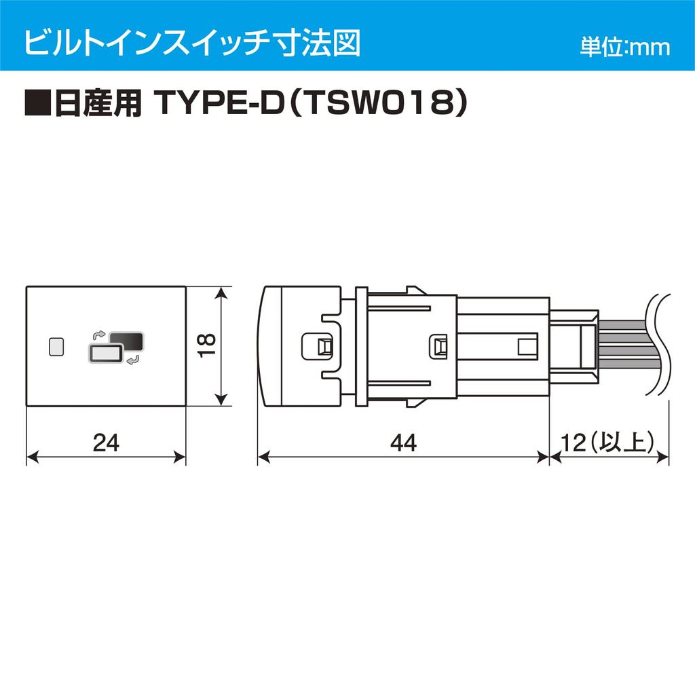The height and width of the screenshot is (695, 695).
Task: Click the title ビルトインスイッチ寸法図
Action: pyautogui.click(x=191, y=42)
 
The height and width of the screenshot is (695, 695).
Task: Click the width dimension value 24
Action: pyautogui.click(x=105, y=443)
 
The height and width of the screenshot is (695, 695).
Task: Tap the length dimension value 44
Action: pyautogui.click(x=402, y=443)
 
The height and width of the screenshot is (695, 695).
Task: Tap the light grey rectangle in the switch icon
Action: pyautogui.click(x=105, y=353)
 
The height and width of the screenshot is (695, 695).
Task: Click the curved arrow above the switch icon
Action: pyautogui.click(x=98, y=335)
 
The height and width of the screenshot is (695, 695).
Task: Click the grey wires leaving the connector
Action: pyautogui.click(x=624, y=345)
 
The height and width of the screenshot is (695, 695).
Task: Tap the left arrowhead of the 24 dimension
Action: pyautogui.click(x=31, y=456)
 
